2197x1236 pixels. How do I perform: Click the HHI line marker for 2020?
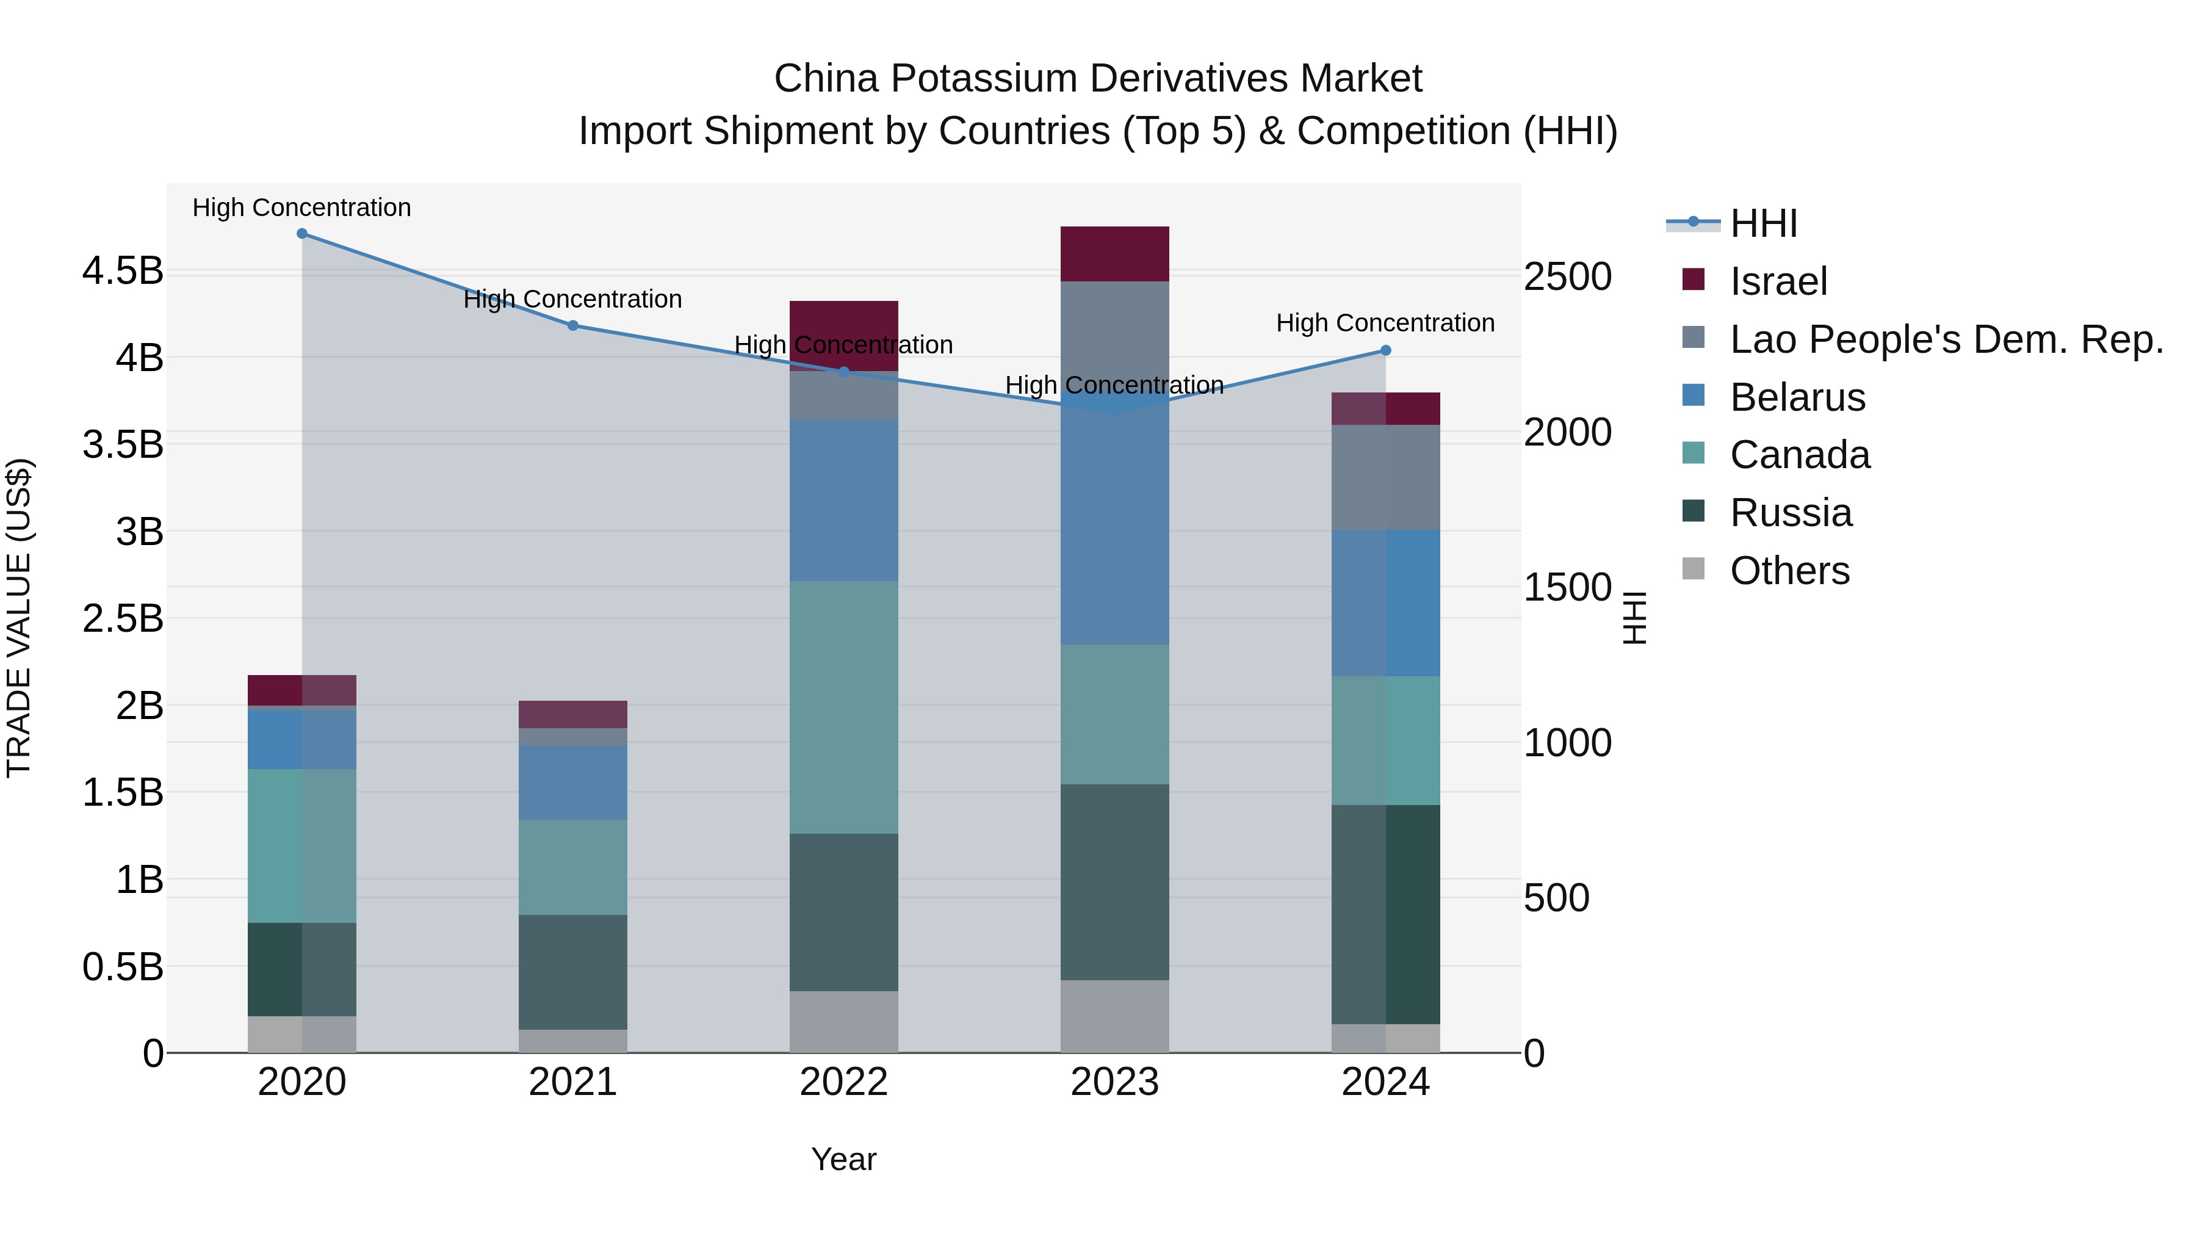[x=302, y=233]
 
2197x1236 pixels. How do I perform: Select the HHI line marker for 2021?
[x=573, y=325]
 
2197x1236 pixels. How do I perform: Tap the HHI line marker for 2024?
[x=1386, y=350]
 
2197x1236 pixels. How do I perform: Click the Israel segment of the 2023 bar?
[x=1115, y=253]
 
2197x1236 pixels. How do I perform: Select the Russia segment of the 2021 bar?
[x=573, y=972]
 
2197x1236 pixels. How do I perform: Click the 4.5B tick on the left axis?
[x=122, y=271]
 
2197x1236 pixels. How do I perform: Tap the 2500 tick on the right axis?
[x=1568, y=276]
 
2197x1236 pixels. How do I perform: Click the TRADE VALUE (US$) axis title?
[x=19, y=618]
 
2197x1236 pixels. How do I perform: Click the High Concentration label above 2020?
[x=302, y=208]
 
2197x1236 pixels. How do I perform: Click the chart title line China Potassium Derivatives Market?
[x=1098, y=79]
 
